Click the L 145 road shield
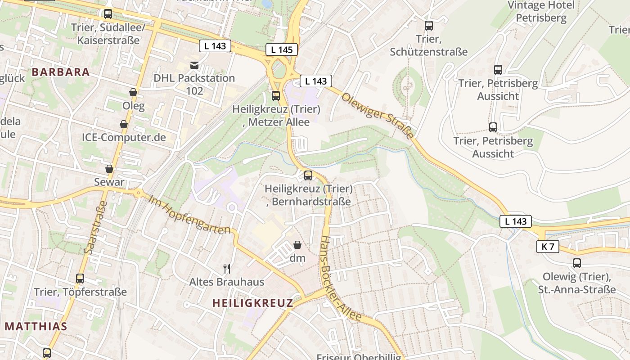(x=282, y=49)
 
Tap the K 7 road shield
(x=548, y=247)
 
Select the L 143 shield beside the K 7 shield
(x=515, y=221)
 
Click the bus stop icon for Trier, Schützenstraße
(x=429, y=26)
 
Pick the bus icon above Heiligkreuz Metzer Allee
(x=276, y=95)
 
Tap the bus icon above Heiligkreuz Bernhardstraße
(x=308, y=175)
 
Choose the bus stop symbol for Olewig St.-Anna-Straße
(x=577, y=263)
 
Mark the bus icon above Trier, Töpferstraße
(x=80, y=279)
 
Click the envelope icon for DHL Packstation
(x=194, y=65)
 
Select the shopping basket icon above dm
(x=297, y=245)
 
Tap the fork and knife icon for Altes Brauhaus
(x=227, y=269)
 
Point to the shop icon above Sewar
(x=109, y=169)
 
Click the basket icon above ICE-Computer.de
(x=124, y=124)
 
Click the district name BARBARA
(x=61, y=72)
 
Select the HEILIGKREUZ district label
(x=252, y=303)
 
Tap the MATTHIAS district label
(x=36, y=327)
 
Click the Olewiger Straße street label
(x=377, y=116)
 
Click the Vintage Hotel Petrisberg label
(x=541, y=12)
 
